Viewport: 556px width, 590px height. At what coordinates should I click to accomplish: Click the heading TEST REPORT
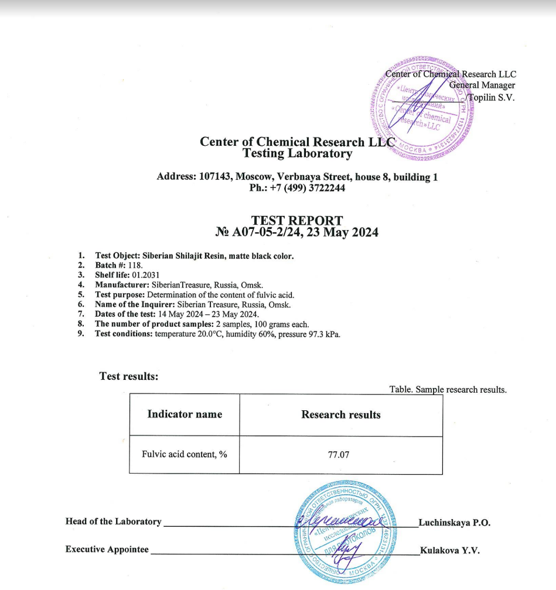[297, 221]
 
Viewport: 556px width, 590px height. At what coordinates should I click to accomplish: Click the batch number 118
[135, 265]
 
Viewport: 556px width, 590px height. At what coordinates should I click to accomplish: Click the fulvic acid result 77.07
[339, 454]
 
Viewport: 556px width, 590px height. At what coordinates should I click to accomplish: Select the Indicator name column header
[185, 414]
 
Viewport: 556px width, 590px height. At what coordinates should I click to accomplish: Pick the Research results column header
[341, 414]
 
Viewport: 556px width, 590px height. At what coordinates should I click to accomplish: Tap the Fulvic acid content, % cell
[185, 454]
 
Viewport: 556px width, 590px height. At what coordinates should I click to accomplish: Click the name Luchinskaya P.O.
[454, 522]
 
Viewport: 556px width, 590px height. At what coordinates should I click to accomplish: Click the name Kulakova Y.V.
[450, 550]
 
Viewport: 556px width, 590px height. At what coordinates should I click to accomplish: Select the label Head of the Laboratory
[113, 522]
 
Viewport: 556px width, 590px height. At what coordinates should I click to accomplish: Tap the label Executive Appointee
[107, 550]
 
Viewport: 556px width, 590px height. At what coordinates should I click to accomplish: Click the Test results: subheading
[129, 376]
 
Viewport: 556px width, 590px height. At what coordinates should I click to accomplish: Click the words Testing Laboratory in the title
[297, 154]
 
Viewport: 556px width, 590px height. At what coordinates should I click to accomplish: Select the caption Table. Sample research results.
[448, 390]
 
